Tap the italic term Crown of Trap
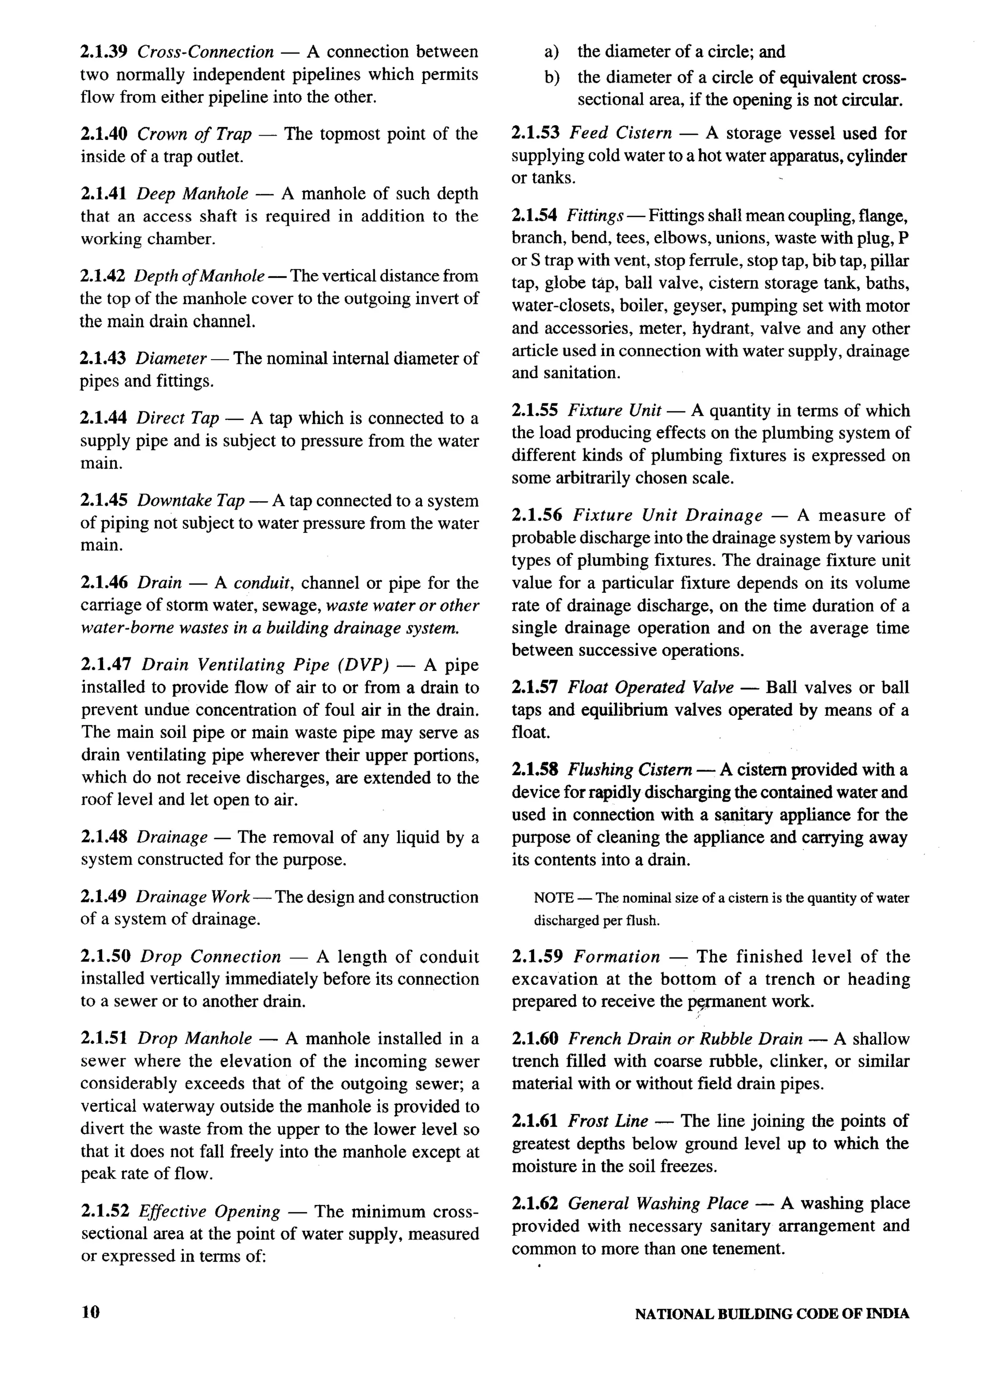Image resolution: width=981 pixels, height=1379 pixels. [194, 134]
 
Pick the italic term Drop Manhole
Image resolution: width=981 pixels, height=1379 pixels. [194, 1039]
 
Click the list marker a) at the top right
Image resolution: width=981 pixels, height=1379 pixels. [551, 52]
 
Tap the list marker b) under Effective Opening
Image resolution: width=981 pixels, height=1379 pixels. [551, 78]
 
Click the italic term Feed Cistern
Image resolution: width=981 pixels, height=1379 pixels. [621, 133]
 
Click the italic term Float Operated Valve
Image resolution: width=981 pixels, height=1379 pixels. [650, 688]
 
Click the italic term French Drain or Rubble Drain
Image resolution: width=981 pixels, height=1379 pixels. [685, 1039]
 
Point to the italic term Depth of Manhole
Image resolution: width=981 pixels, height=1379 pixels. [199, 276]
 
